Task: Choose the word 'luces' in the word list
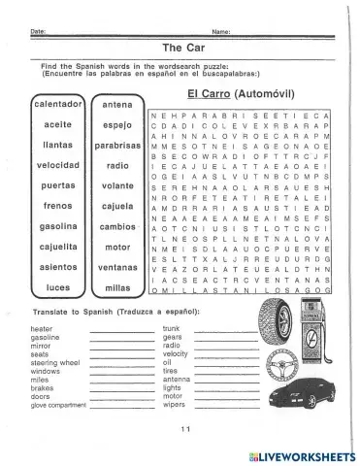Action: (58, 287)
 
